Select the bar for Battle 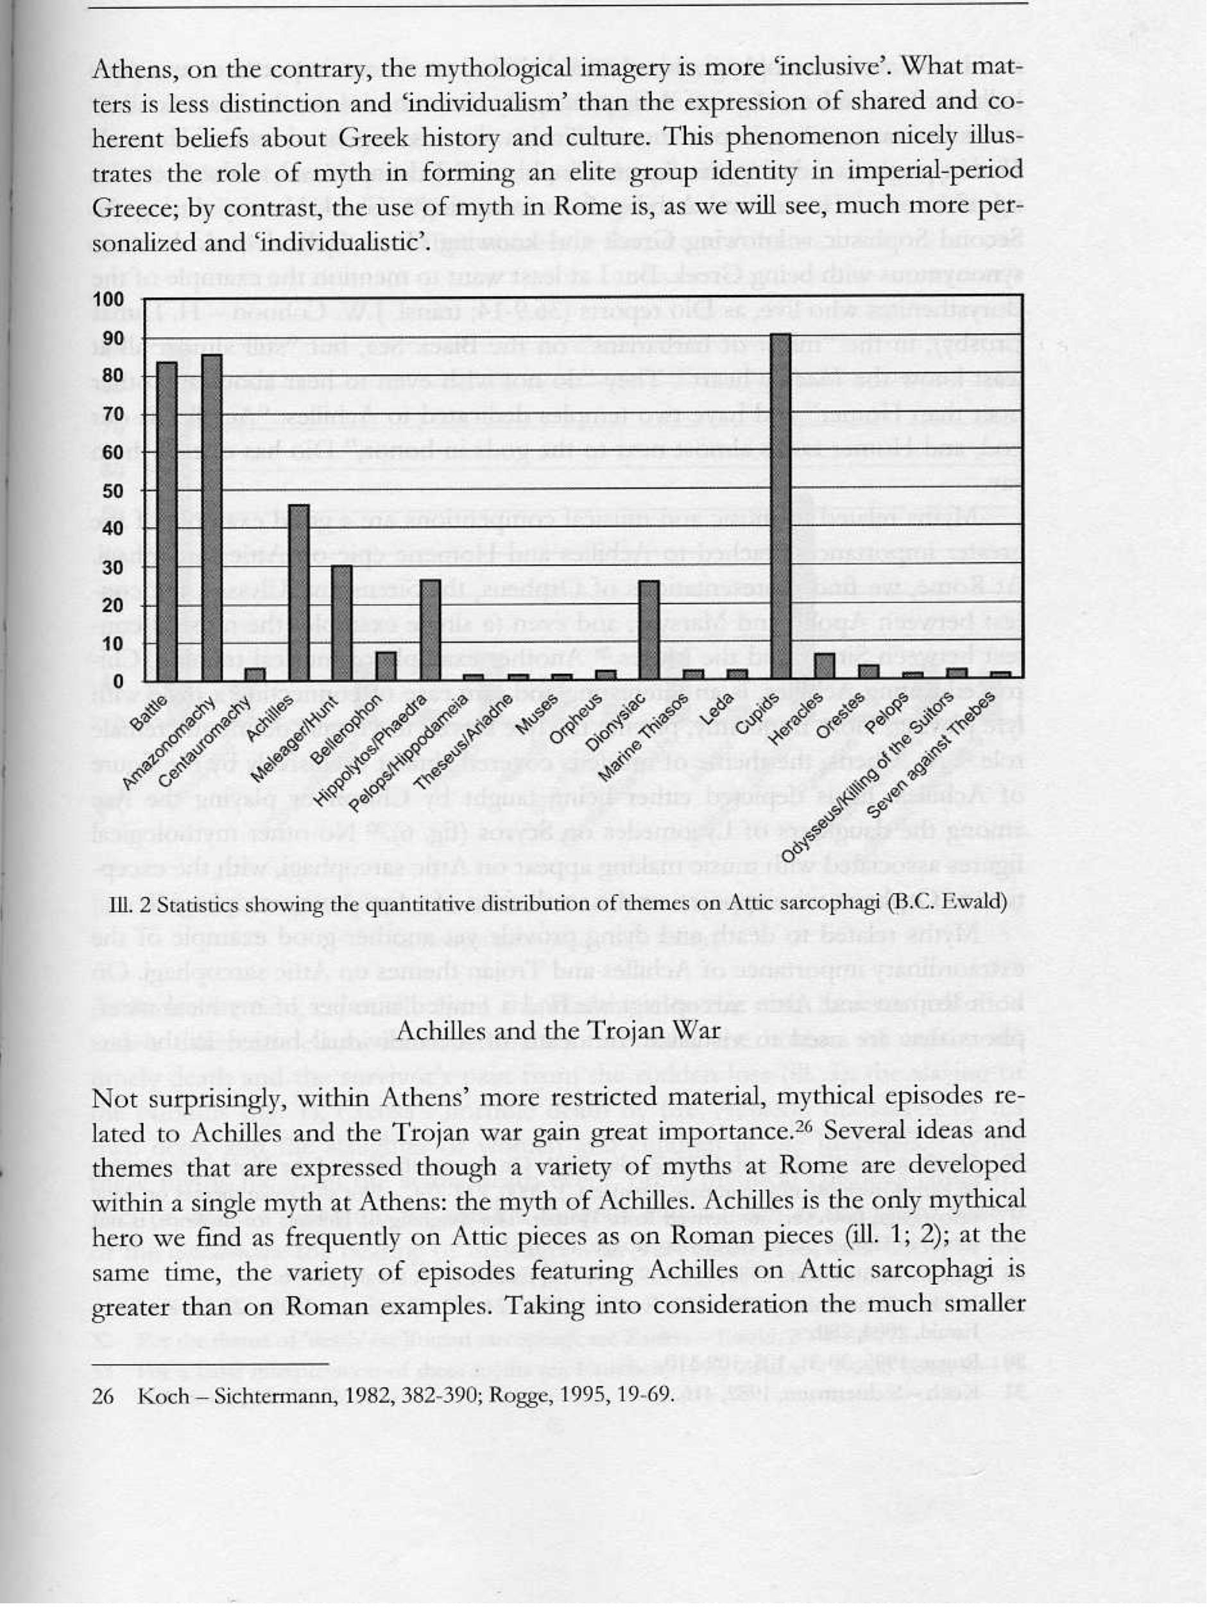167,521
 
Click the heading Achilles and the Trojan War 558,1030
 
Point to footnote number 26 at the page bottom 103,1395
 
